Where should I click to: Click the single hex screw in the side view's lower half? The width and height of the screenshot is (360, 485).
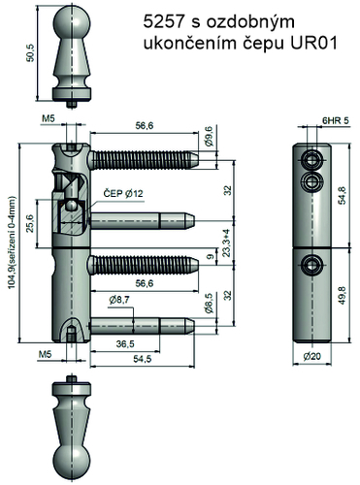pos(311,261)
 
